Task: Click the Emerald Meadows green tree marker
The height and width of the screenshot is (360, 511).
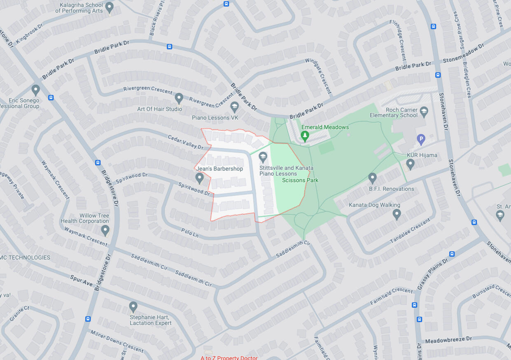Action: [305, 136]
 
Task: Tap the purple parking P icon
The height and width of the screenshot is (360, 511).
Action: [421, 139]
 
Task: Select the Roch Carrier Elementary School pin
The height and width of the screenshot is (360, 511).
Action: [424, 111]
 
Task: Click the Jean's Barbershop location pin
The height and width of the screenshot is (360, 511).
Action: [200, 178]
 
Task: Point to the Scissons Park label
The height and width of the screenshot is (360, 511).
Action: [300, 180]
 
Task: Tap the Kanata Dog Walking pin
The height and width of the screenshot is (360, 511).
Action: [397, 214]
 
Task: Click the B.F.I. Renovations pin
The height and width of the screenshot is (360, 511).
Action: [373, 178]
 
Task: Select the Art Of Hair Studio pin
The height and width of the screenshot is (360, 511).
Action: [179, 98]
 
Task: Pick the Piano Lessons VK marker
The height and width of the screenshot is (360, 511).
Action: [234, 107]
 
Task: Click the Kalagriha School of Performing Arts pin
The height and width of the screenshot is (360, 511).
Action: [109, 7]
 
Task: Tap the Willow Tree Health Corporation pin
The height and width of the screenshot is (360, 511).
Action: [105, 230]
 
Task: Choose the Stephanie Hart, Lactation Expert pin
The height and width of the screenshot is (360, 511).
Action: [133, 307]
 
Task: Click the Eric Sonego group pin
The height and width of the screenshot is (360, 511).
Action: [36, 90]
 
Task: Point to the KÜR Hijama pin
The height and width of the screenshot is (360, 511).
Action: [410, 164]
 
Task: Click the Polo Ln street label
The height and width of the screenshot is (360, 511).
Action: [190, 233]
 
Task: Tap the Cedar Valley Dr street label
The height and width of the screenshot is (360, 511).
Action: [185, 141]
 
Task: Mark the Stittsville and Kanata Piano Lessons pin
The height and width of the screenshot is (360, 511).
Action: [263, 157]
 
